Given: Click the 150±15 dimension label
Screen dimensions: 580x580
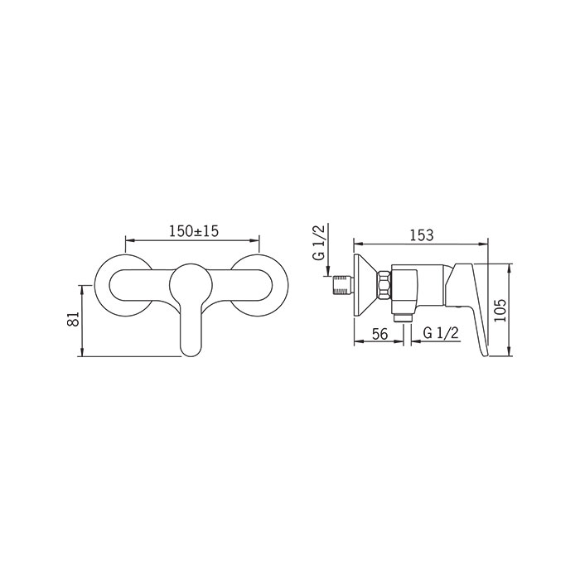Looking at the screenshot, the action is point(194,231).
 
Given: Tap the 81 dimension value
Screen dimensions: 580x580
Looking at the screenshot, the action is point(74,319).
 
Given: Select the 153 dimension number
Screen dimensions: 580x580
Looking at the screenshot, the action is point(421,234).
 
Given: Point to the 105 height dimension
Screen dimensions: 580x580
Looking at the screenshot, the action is point(500,310).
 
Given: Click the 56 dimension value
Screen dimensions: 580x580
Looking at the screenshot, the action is point(379,334).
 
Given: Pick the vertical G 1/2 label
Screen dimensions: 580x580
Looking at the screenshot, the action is point(319,242).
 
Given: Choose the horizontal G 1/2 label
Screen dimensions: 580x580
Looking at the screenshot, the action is point(441,333).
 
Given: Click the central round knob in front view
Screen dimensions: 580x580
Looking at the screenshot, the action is point(191,284).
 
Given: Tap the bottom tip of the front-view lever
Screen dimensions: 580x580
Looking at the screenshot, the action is point(191,356).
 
